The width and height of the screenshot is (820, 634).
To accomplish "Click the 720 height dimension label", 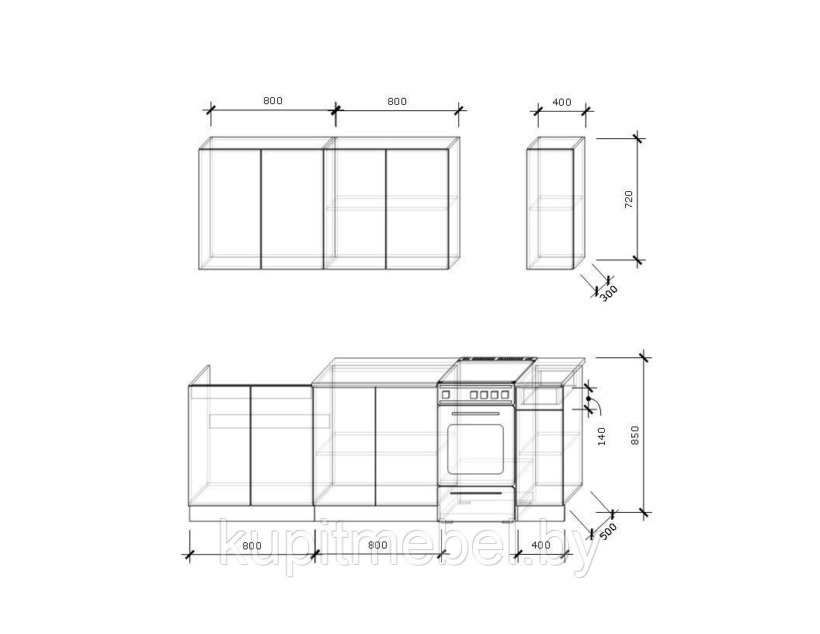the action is pos(629,200).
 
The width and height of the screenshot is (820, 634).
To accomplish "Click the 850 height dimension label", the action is pos(635,435).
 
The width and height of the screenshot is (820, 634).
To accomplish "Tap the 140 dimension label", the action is pos(601,437).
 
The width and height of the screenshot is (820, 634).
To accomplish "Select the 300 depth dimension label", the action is pos(608,293).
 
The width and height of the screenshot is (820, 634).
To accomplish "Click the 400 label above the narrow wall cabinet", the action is pos(561,102).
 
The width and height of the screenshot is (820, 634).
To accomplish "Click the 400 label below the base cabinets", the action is pos(540,545).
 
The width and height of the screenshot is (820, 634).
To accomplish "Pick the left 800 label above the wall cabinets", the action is pos(273,100).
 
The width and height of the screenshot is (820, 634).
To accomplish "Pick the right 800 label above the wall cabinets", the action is pos(398,101).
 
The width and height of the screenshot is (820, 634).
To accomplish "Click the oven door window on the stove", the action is pos(475,449).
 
